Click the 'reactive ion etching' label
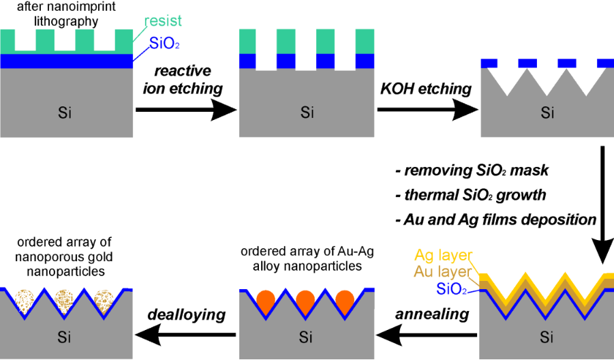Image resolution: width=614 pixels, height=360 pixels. coord(185,79)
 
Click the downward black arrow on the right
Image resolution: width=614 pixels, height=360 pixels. coord(602,205)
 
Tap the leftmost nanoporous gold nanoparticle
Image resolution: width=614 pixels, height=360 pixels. coord(25,301)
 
